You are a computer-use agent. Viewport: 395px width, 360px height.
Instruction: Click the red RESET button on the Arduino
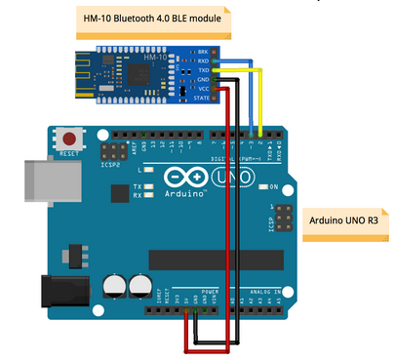(69, 139)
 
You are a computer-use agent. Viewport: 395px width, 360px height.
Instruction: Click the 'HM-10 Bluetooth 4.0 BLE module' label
(153, 18)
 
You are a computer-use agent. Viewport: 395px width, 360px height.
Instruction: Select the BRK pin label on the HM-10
(203, 51)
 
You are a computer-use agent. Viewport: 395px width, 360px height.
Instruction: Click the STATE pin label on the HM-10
(202, 98)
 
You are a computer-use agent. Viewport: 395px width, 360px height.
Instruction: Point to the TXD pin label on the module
(203, 69)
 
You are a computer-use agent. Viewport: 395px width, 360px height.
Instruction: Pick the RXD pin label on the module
(203, 60)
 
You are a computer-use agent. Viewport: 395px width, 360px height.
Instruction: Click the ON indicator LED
(263, 186)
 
